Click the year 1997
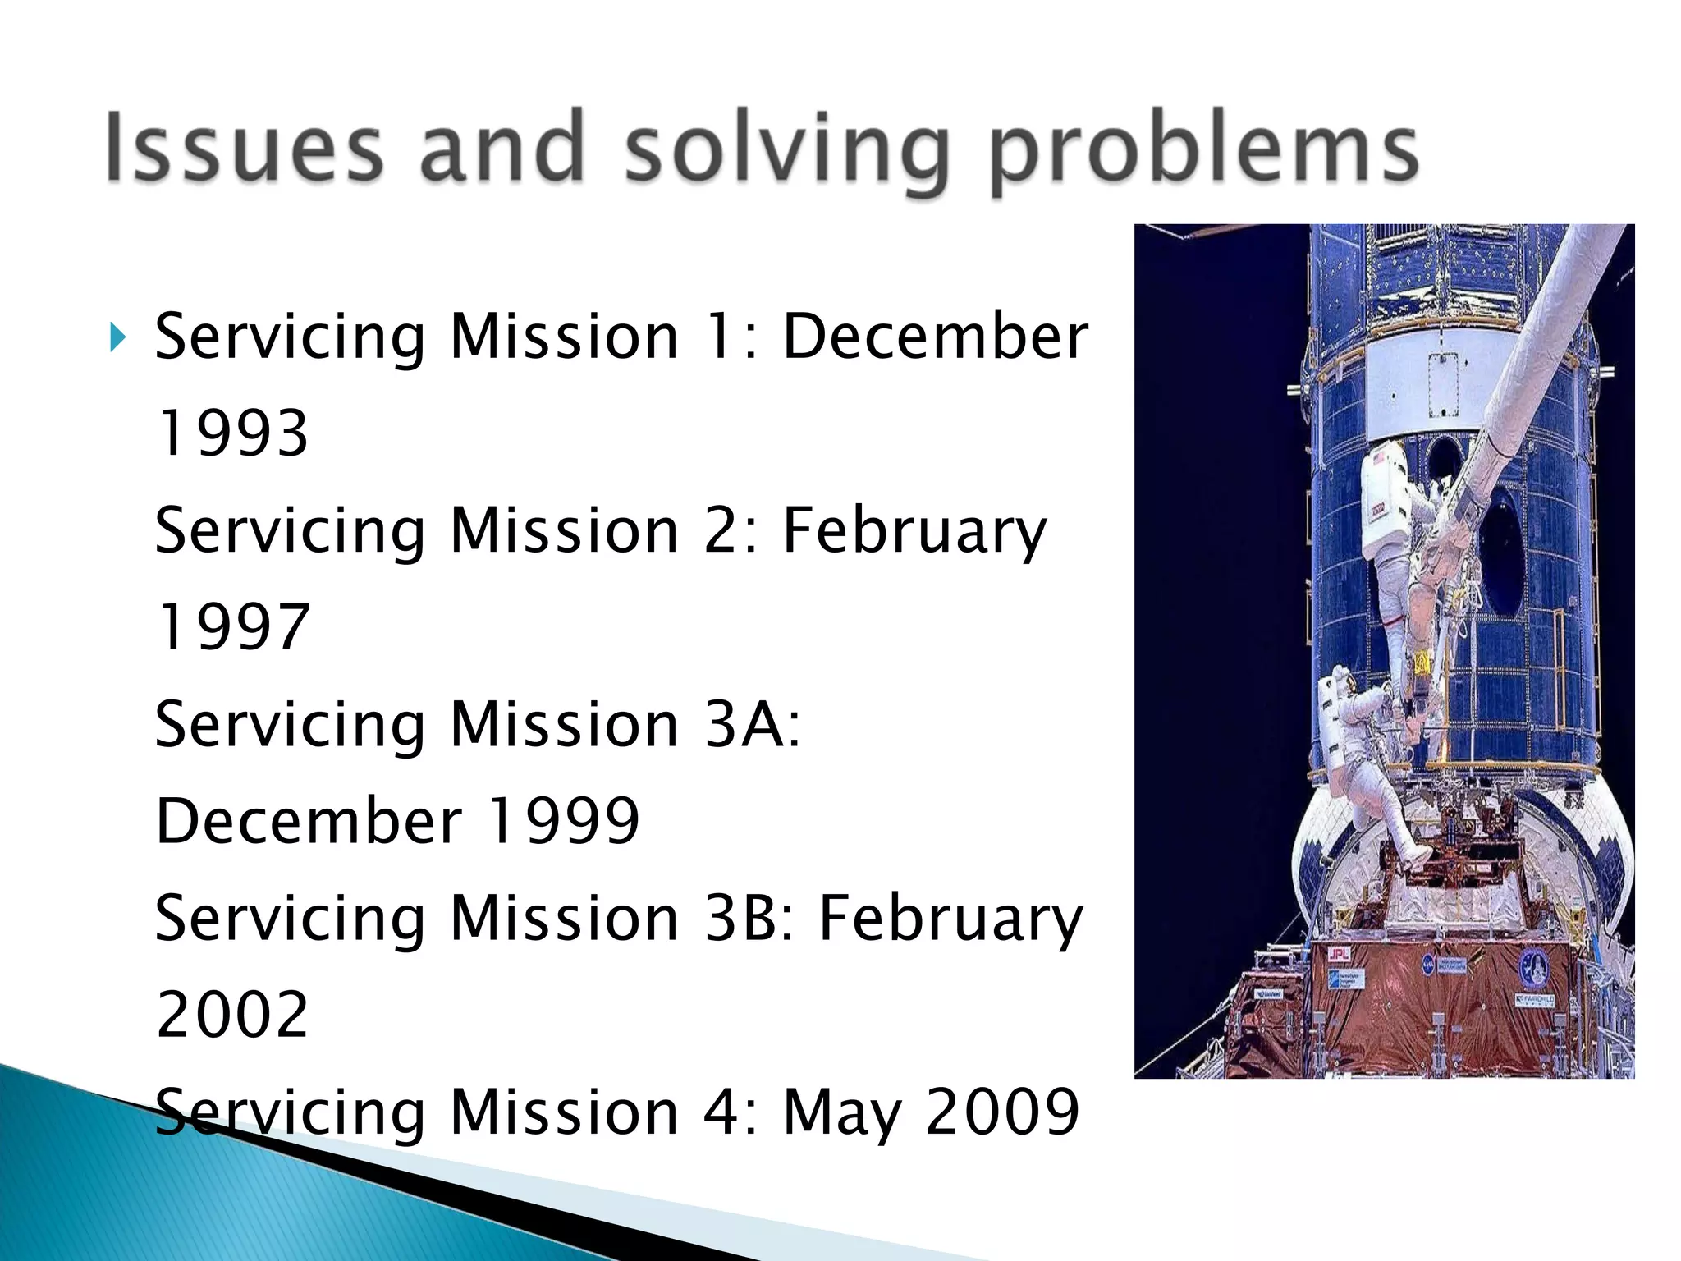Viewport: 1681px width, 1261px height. click(232, 626)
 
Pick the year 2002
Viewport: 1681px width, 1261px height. click(232, 1014)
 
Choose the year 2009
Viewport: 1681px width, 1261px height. click(1002, 1112)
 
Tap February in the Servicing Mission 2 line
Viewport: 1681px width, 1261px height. click(914, 531)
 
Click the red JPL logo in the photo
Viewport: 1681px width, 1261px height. click(1340, 954)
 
